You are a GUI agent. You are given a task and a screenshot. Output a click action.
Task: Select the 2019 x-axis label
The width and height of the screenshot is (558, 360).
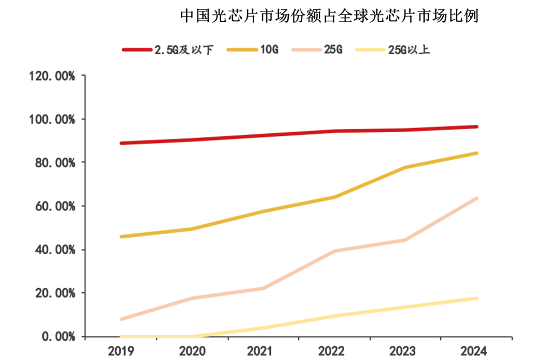tap(121, 351)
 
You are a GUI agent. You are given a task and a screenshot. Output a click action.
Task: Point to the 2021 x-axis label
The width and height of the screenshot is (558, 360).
tap(263, 351)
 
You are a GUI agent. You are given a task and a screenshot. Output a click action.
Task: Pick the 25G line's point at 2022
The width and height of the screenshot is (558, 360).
tap(334, 251)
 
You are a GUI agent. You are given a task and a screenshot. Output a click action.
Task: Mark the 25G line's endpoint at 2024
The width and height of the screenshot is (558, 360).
tap(476, 198)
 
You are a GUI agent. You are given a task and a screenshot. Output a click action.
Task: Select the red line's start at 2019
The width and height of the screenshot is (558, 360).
tap(121, 143)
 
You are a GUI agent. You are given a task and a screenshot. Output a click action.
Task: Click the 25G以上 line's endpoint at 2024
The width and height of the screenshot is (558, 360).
tap(476, 298)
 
